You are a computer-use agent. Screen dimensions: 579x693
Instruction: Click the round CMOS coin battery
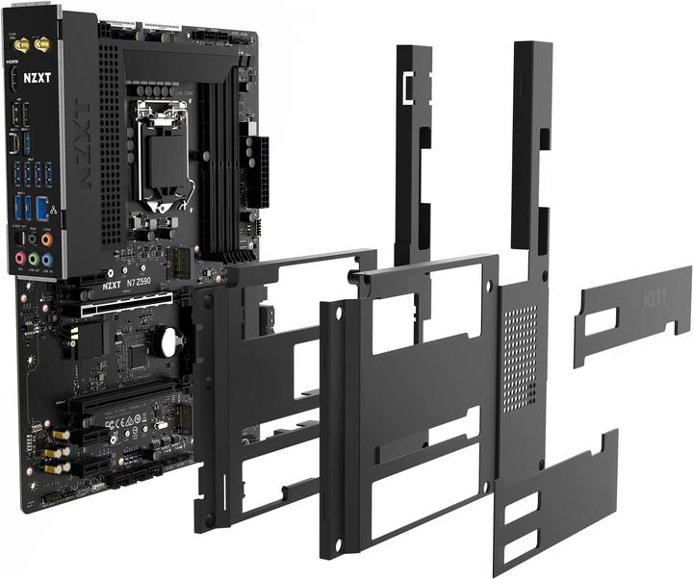[x=171, y=340]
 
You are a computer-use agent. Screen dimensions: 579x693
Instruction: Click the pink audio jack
[x=20, y=258]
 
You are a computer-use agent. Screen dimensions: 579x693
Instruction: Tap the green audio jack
[x=34, y=258]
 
